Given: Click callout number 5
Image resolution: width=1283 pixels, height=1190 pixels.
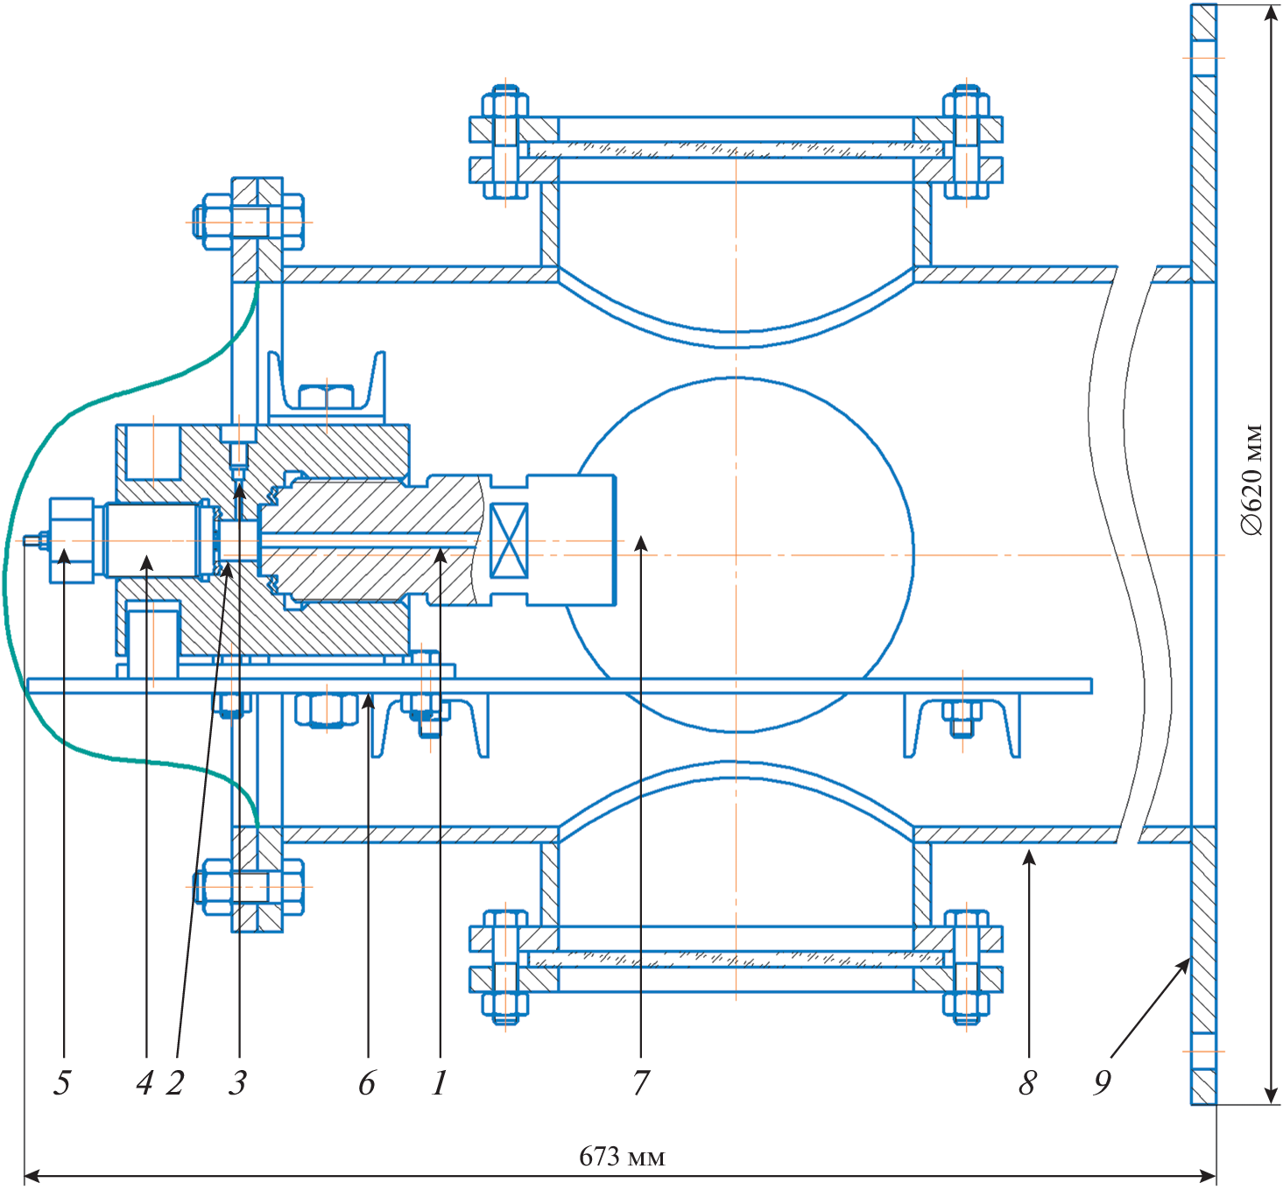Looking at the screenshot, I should click(61, 1083).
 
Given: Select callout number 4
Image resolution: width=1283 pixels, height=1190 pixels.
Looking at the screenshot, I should click(145, 1083).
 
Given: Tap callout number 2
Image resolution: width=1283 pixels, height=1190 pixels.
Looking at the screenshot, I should click(175, 1083).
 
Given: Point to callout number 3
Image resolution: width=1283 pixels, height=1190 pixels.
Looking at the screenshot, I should click(238, 1083).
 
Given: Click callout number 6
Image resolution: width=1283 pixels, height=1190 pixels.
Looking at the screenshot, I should click(367, 1083).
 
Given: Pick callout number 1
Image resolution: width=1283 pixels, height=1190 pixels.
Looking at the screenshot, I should click(439, 1083).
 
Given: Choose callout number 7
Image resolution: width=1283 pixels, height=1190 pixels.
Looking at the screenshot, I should click(641, 1083).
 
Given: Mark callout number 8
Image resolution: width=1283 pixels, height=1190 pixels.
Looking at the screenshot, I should click(1028, 1083).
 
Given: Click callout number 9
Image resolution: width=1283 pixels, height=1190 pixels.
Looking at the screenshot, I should click(1103, 1083).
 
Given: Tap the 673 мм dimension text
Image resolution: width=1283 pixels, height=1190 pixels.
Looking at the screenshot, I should click(622, 1157).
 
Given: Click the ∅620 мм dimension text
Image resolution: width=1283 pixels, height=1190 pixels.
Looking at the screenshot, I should click(1252, 481).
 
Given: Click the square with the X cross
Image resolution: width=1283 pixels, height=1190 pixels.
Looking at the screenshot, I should click(509, 540).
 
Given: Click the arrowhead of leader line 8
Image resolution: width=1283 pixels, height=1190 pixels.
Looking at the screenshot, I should click(1029, 856).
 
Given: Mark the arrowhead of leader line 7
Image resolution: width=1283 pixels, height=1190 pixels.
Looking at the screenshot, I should click(641, 543).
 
